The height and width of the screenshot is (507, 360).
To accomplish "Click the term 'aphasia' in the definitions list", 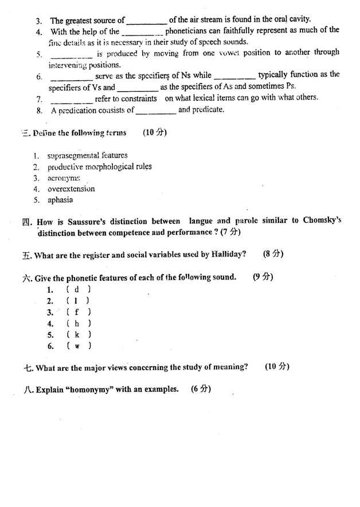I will click(x=60, y=200).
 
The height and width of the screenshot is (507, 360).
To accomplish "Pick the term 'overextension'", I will click(x=71, y=188).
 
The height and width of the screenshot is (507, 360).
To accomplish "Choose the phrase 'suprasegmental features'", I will click(x=87, y=155).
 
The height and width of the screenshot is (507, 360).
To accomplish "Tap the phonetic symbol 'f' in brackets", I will click(x=77, y=312).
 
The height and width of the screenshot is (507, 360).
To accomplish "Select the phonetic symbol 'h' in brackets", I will click(x=77, y=323).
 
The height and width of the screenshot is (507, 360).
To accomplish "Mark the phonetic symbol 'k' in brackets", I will click(x=77, y=335).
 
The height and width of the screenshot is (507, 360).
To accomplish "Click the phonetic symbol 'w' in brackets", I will click(x=77, y=346).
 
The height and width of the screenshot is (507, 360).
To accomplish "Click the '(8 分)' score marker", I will click(x=273, y=254).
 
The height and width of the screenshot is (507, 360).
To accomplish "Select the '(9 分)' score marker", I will click(x=263, y=277).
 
